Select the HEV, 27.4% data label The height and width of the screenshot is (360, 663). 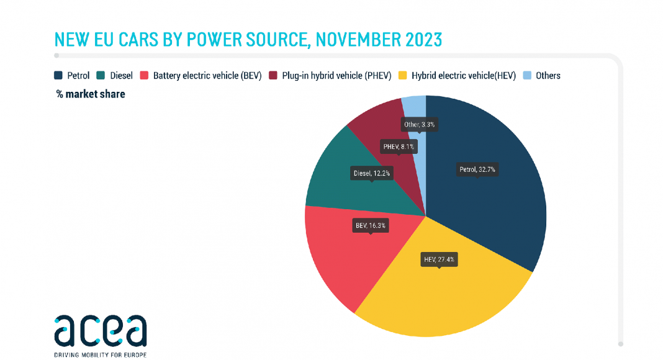pos(439,259)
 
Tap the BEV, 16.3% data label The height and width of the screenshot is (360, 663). pos(371,225)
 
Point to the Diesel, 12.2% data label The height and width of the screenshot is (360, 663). pos(372,173)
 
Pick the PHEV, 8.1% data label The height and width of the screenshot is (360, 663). pos(399,146)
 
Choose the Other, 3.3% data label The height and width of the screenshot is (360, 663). pos(421,124)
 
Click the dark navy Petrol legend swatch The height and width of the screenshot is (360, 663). pos(58,76)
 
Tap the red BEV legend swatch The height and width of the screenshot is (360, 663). pos(145,76)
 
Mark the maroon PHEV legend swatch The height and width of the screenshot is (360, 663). pos(274,76)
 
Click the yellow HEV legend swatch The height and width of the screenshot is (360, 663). pos(403,76)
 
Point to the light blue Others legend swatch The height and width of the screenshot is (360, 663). pos(527,76)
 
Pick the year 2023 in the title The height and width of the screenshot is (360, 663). pos(424,39)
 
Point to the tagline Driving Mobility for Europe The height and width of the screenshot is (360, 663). pos(101,354)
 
